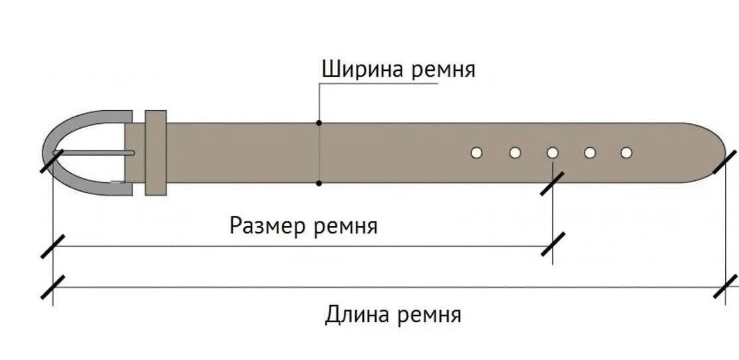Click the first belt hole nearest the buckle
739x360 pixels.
click(476, 153)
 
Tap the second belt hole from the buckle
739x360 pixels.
click(515, 153)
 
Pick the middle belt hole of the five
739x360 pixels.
click(553, 153)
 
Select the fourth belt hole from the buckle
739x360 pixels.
click(590, 153)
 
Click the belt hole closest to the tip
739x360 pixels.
click(626, 153)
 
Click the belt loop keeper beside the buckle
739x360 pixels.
click(155, 152)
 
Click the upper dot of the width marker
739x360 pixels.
click(319, 123)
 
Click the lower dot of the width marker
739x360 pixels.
click(319, 182)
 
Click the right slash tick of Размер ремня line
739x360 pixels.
click(552, 245)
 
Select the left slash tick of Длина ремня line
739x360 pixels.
click(52, 286)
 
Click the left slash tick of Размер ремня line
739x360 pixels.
click(52, 246)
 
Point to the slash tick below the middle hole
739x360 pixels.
click(552, 184)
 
